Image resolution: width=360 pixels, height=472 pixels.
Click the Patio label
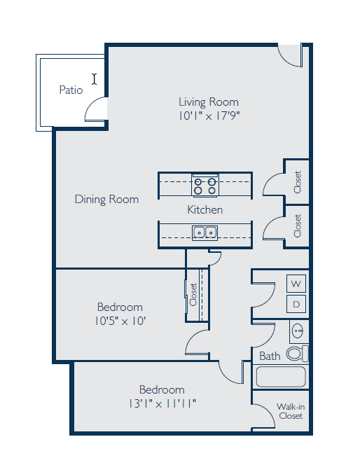click(x=71, y=90)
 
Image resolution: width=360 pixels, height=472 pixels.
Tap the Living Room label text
click(x=208, y=102)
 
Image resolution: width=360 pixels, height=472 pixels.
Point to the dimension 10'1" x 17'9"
click(x=209, y=116)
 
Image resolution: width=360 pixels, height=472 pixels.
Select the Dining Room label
click(x=106, y=200)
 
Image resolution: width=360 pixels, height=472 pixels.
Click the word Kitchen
click(x=205, y=209)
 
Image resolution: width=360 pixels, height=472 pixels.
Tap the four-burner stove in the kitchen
click(x=205, y=186)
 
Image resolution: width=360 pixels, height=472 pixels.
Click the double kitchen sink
click(x=205, y=232)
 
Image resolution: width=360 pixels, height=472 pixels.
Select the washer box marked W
click(x=296, y=284)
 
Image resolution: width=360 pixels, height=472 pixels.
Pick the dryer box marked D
click(x=296, y=304)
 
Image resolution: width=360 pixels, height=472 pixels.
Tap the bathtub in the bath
click(x=281, y=377)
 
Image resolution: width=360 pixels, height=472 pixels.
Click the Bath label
click(x=270, y=356)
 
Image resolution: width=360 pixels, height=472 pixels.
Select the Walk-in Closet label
click(x=289, y=411)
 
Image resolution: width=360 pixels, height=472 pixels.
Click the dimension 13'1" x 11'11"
click(x=162, y=403)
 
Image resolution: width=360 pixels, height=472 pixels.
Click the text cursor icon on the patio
click(x=95, y=79)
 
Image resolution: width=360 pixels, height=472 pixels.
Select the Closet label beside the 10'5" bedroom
click(x=193, y=294)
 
